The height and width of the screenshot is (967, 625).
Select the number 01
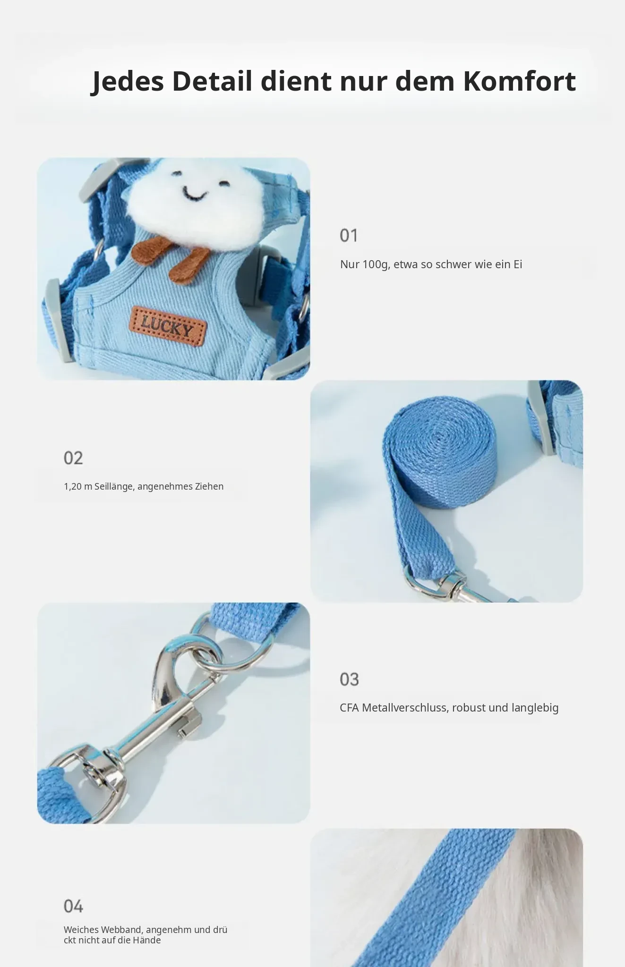click(x=349, y=235)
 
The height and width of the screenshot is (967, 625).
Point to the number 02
click(x=73, y=458)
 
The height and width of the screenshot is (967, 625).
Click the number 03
click(x=349, y=679)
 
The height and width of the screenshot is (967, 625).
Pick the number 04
click(x=73, y=906)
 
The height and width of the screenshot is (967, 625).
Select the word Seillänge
click(x=114, y=486)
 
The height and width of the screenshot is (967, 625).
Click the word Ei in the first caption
click(x=517, y=264)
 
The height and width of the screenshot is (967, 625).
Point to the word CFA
click(x=349, y=708)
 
